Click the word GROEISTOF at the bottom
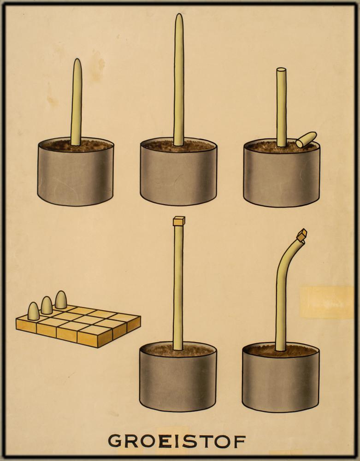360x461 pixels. point(177,441)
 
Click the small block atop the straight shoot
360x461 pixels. point(179,221)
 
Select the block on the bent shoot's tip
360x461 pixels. point(301,234)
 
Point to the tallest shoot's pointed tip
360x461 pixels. point(179,15)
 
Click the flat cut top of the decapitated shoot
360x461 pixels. point(281,70)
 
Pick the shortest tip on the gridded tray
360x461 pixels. point(34,311)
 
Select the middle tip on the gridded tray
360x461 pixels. point(47,305)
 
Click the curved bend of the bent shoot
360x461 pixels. point(283,262)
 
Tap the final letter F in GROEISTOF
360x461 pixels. point(241,441)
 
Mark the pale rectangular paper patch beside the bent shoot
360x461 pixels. point(327,302)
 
